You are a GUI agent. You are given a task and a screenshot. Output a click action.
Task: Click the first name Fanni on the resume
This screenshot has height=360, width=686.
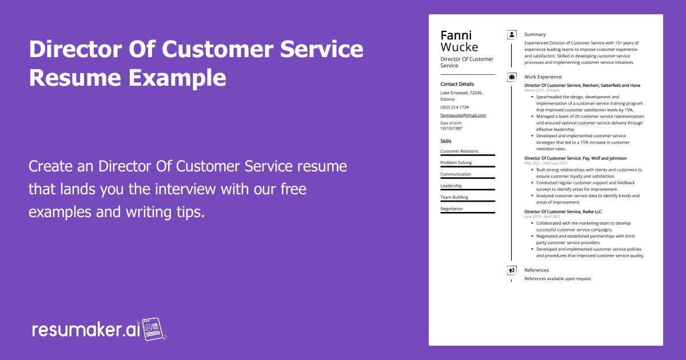456,35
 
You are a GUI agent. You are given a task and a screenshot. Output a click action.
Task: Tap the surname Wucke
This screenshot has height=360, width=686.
459,47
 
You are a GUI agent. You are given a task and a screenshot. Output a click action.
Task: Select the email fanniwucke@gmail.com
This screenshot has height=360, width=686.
463,115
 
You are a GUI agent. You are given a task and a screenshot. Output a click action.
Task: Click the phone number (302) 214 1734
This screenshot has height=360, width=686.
454,107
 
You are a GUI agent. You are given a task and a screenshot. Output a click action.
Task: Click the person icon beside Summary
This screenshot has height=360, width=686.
512,35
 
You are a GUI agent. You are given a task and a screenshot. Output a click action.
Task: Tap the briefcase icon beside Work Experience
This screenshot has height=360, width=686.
512,77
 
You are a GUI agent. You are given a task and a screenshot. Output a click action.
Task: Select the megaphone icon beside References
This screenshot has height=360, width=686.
512,270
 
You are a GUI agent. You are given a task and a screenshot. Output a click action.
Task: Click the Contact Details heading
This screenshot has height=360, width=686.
457,84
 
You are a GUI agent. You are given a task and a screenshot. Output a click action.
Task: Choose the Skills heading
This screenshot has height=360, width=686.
446,141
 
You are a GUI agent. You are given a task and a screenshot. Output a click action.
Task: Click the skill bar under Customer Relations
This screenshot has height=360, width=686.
468,155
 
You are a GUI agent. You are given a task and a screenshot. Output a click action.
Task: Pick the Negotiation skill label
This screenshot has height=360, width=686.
452,209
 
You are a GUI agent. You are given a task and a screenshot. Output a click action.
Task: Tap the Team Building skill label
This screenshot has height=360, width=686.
454,197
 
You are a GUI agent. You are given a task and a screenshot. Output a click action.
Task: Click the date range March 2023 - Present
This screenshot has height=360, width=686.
543,90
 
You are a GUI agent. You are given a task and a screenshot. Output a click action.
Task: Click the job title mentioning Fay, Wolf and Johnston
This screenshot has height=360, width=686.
575,158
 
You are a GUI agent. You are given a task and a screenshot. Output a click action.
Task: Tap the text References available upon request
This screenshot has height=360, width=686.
557,279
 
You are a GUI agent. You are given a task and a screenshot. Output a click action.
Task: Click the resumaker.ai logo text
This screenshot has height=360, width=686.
86,330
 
